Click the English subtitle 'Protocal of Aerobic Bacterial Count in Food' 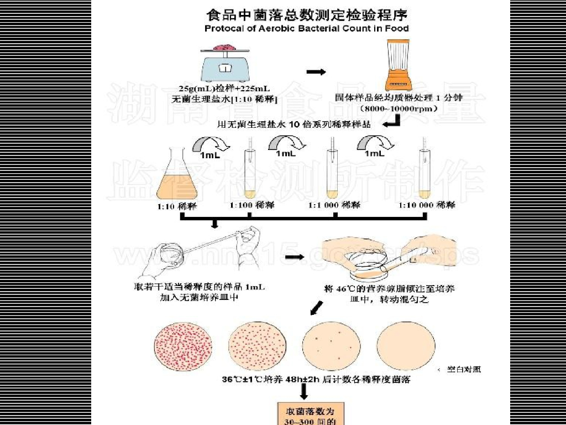[x=307, y=28]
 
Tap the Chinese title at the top [x=307, y=12]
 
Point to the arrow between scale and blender [x=316, y=72]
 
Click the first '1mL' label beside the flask [x=209, y=156]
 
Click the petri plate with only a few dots [x=327, y=345]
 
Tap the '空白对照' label [x=464, y=369]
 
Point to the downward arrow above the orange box [x=303, y=392]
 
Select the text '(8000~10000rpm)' [x=399, y=109]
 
